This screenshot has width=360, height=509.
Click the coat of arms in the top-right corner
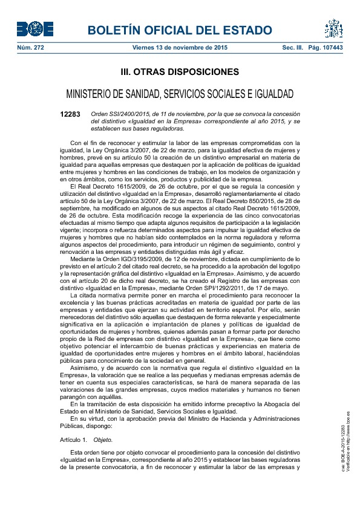click(333, 28)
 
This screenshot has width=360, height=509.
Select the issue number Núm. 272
click(30, 47)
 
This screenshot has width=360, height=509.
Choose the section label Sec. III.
click(293, 47)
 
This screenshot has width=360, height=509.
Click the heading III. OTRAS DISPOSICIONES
click(180, 73)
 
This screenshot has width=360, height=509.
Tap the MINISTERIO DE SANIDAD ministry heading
click(180, 94)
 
